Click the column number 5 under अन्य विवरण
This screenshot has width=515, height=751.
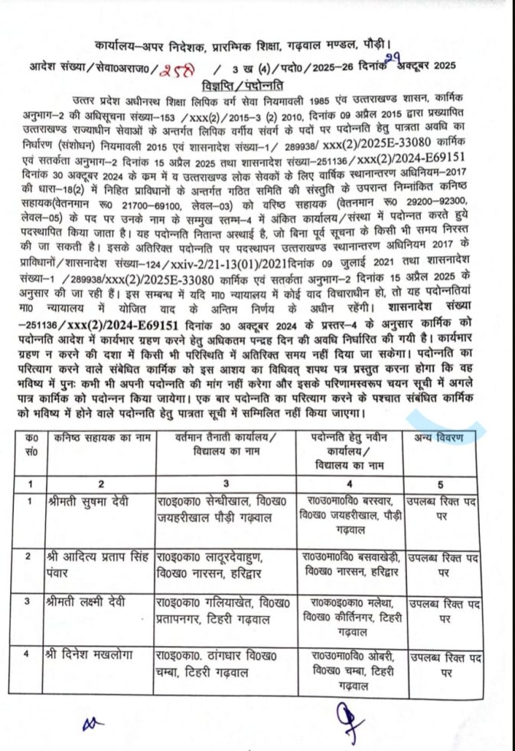441,484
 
